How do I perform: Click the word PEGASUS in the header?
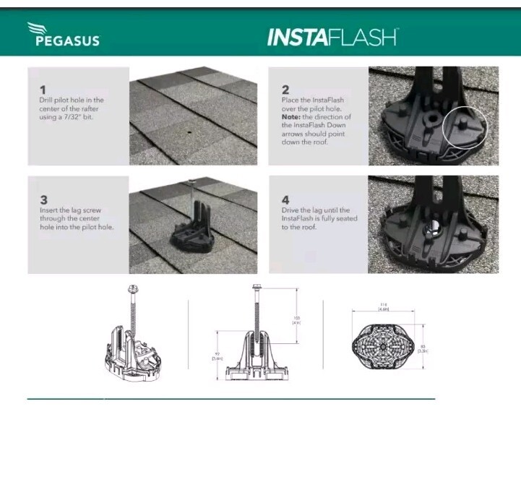point(67,40)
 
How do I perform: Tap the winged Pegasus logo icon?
point(38,29)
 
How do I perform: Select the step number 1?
point(43,89)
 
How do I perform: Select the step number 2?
point(285,89)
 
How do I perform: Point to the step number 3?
point(43,199)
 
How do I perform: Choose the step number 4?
point(285,199)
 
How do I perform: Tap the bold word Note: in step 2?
point(293,116)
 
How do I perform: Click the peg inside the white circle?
point(463,126)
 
